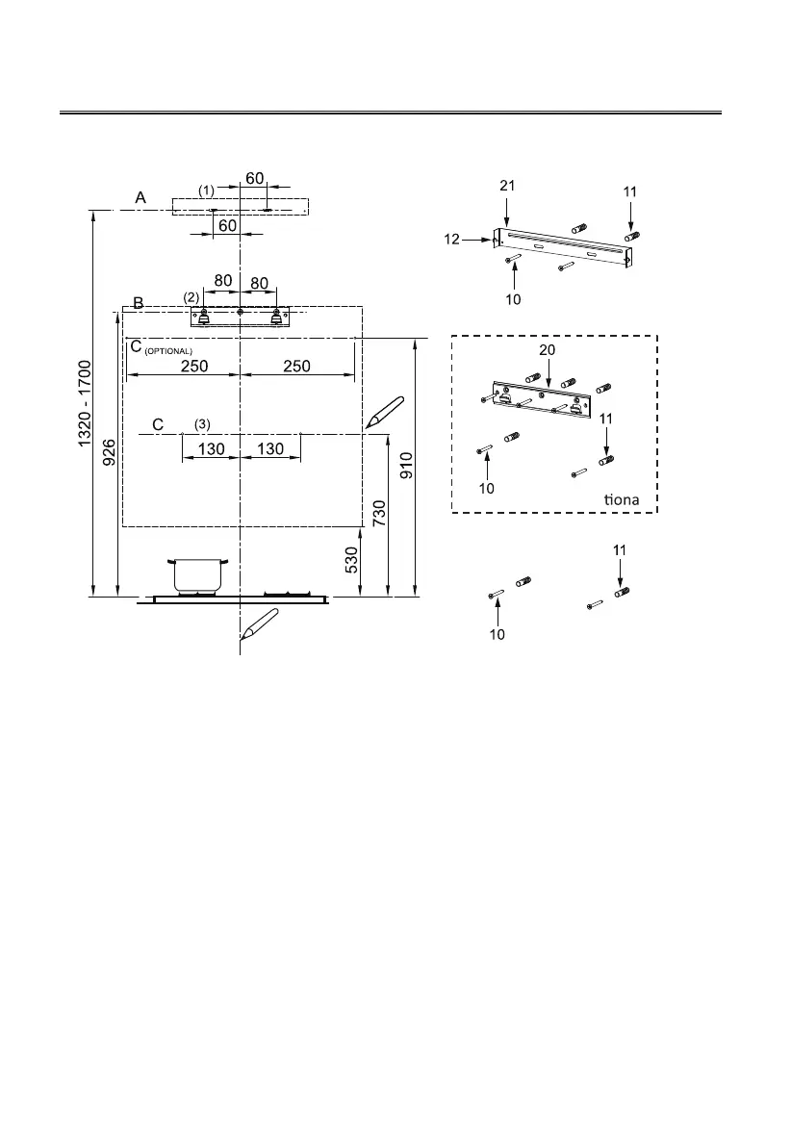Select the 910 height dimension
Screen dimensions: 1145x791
coord(407,466)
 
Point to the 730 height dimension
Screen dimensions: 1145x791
coord(379,518)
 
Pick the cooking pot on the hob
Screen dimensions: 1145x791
coord(197,574)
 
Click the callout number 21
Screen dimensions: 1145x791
coord(507,186)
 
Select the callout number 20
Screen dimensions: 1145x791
coord(547,351)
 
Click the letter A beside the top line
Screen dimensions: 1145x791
coord(140,197)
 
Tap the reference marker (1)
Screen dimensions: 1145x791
coord(206,191)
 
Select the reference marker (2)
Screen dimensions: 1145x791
coord(191,296)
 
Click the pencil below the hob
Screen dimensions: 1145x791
coord(258,626)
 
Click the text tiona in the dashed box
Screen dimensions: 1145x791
coord(622,499)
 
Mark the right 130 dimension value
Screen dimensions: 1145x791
coord(270,449)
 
